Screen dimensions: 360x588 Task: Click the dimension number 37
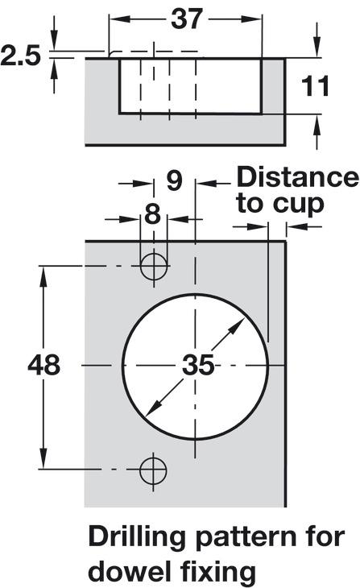point(187,19)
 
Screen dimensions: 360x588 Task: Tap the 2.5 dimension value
point(20,56)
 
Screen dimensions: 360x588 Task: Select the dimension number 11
point(316,86)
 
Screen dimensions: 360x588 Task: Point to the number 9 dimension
point(175,180)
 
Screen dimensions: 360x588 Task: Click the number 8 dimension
point(153,214)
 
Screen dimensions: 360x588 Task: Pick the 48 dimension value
point(43,365)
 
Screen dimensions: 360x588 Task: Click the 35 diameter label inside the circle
point(198,365)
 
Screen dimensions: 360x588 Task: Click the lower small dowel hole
point(153,470)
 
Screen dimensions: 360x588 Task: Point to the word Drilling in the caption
point(137,537)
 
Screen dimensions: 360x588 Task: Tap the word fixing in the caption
point(217,573)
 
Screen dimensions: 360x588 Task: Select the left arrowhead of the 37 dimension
point(120,19)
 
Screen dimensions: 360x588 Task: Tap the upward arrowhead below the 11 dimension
point(317,126)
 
